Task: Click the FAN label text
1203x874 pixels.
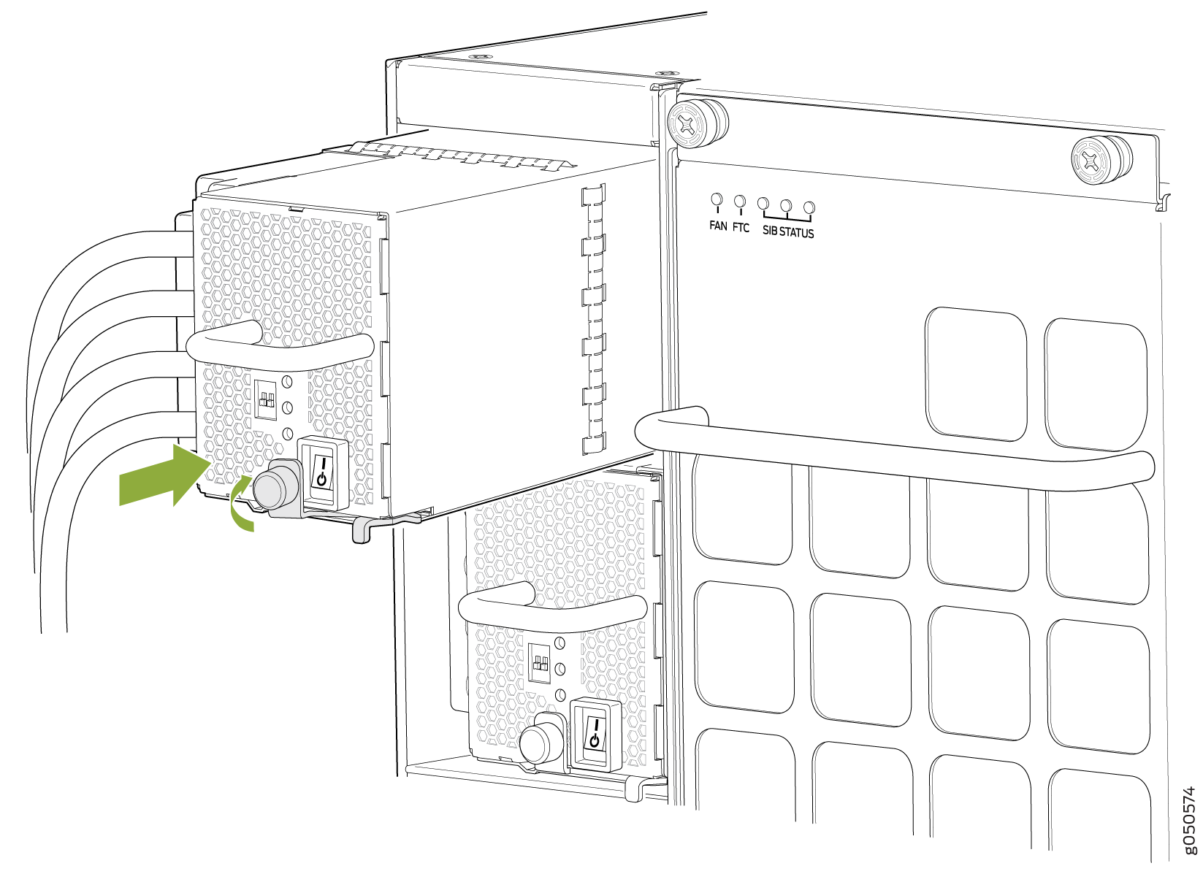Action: tap(718, 226)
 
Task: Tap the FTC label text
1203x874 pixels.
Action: tap(741, 228)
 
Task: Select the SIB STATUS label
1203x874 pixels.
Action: tap(788, 232)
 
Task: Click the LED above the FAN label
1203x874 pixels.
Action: tap(717, 200)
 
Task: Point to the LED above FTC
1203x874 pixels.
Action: tap(739, 202)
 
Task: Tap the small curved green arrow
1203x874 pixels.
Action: tap(240, 504)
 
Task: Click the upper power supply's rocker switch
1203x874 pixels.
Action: tap(322, 472)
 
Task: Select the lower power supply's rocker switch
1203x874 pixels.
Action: tap(595, 734)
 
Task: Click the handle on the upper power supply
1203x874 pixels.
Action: tap(279, 348)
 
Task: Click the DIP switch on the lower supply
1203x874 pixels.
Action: tap(539, 662)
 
